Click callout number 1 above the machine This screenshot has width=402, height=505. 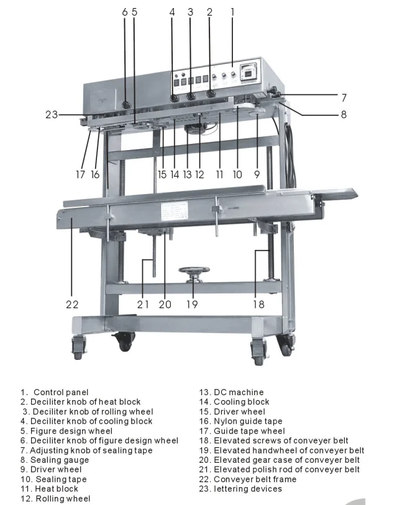click(232, 12)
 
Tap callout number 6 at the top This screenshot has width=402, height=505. click(124, 12)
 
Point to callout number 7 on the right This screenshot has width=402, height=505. click(344, 97)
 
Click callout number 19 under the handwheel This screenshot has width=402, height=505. click(192, 305)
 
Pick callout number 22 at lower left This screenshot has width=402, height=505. click(72, 305)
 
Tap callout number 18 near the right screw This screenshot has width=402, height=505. click(258, 305)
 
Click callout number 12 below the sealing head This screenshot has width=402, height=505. click(199, 175)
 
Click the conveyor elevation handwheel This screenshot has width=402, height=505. click(193, 271)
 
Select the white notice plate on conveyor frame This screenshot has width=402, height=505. click(176, 210)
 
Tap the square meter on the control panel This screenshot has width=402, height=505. click(250, 73)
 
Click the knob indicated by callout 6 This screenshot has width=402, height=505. click(125, 105)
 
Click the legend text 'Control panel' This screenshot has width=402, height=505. click(60, 392)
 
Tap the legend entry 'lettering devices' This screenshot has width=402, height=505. click(247, 489)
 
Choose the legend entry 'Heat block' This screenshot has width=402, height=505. click(56, 489)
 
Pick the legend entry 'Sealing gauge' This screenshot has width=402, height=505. click(59, 460)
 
